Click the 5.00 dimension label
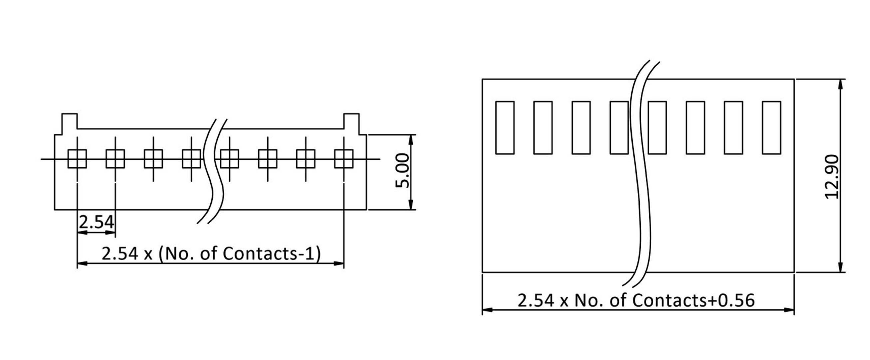point(402,171)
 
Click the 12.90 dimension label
point(832,177)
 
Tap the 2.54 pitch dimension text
point(96,222)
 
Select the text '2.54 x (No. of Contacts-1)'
point(211,254)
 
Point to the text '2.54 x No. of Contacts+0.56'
point(636,300)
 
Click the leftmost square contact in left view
point(77,159)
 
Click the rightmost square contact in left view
point(344,159)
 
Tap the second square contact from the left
point(115,159)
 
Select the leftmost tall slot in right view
point(505,128)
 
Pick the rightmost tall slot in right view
point(771,128)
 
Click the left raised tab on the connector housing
point(70,121)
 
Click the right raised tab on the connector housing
point(351,121)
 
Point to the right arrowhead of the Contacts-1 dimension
point(339,263)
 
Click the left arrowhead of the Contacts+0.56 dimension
point(487,309)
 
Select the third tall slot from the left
point(581,128)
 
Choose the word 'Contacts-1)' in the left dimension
point(272,254)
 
